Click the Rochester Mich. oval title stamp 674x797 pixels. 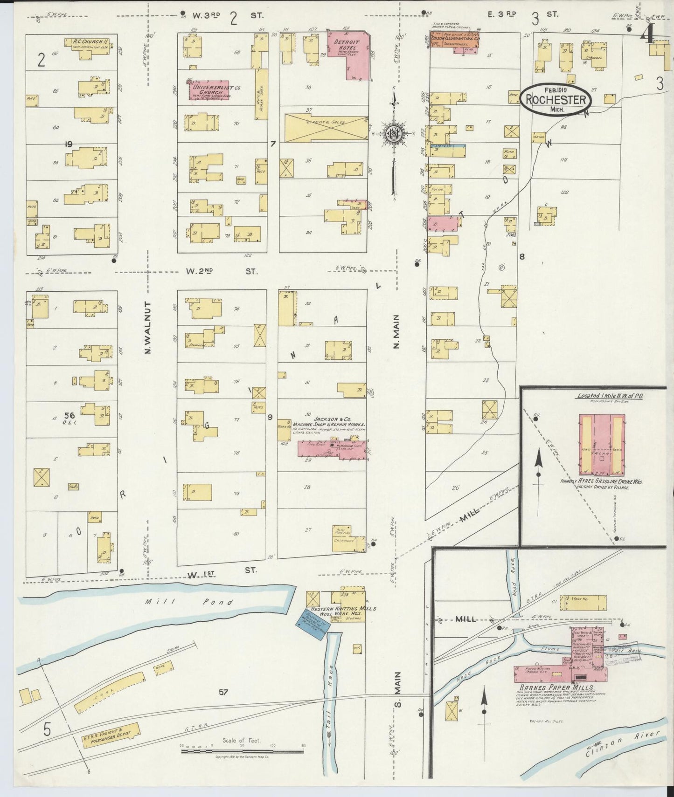[x=556, y=98]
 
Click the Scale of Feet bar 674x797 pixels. [x=242, y=747]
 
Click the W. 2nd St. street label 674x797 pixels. [x=221, y=271]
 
